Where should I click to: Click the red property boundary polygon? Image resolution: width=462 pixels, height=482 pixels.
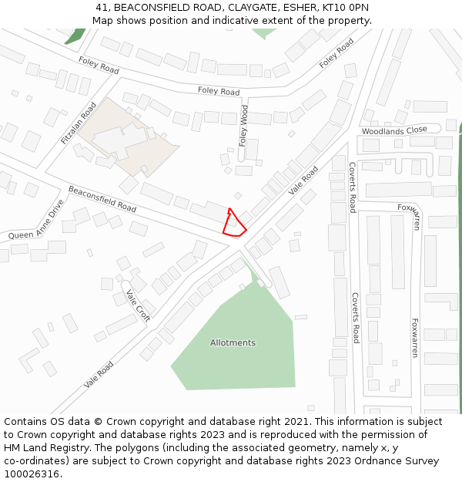(234, 224)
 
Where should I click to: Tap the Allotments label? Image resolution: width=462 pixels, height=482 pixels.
(233, 342)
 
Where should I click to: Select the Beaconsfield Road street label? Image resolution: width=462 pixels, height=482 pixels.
(102, 199)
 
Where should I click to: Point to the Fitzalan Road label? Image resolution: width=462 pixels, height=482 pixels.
(79, 123)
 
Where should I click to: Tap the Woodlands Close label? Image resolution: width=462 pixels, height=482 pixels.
(394, 131)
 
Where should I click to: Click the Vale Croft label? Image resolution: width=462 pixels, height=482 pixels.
(138, 305)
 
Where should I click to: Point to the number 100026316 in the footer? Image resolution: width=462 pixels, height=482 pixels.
(31, 474)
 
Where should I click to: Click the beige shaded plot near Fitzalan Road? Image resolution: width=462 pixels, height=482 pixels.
(127, 139)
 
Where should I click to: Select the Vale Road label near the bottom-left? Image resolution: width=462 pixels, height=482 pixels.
(99, 375)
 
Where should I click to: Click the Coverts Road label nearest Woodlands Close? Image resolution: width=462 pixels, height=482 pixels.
(353, 187)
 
